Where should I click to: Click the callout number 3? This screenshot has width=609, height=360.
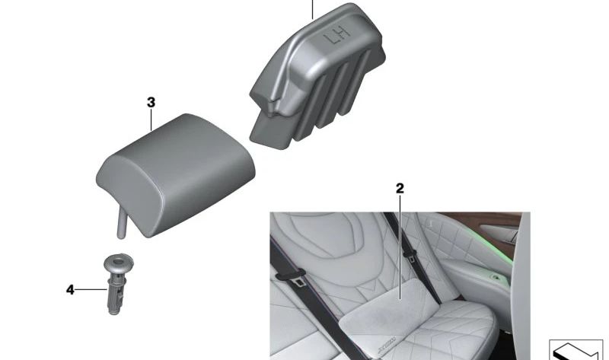pyautogui.click(x=151, y=103)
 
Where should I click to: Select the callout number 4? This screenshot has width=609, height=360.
pyautogui.click(x=70, y=290)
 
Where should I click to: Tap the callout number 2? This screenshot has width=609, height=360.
pyautogui.click(x=400, y=188)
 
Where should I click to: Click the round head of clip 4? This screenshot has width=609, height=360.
pyautogui.click(x=119, y=262)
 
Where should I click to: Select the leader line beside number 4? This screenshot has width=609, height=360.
pyautogui.click(x=91, y=290)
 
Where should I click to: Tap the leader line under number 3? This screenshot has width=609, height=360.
pyautogui.click(x=151, y=119)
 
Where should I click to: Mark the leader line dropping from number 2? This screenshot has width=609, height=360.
pyautogui.click(x=400, y=247)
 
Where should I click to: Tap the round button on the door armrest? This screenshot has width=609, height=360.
pyautogui.click(x=496, y=277)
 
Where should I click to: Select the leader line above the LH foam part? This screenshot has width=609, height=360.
pyautogui.click(x=312, y=10)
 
